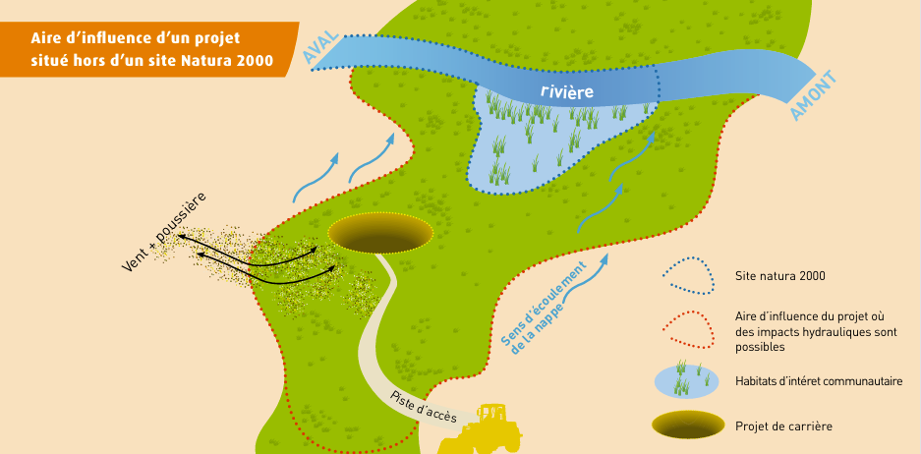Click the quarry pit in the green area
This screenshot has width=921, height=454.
click(380, 232)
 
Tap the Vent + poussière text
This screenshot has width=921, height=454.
click(163, 233)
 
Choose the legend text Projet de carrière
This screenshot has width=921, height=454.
click(783, 426)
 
